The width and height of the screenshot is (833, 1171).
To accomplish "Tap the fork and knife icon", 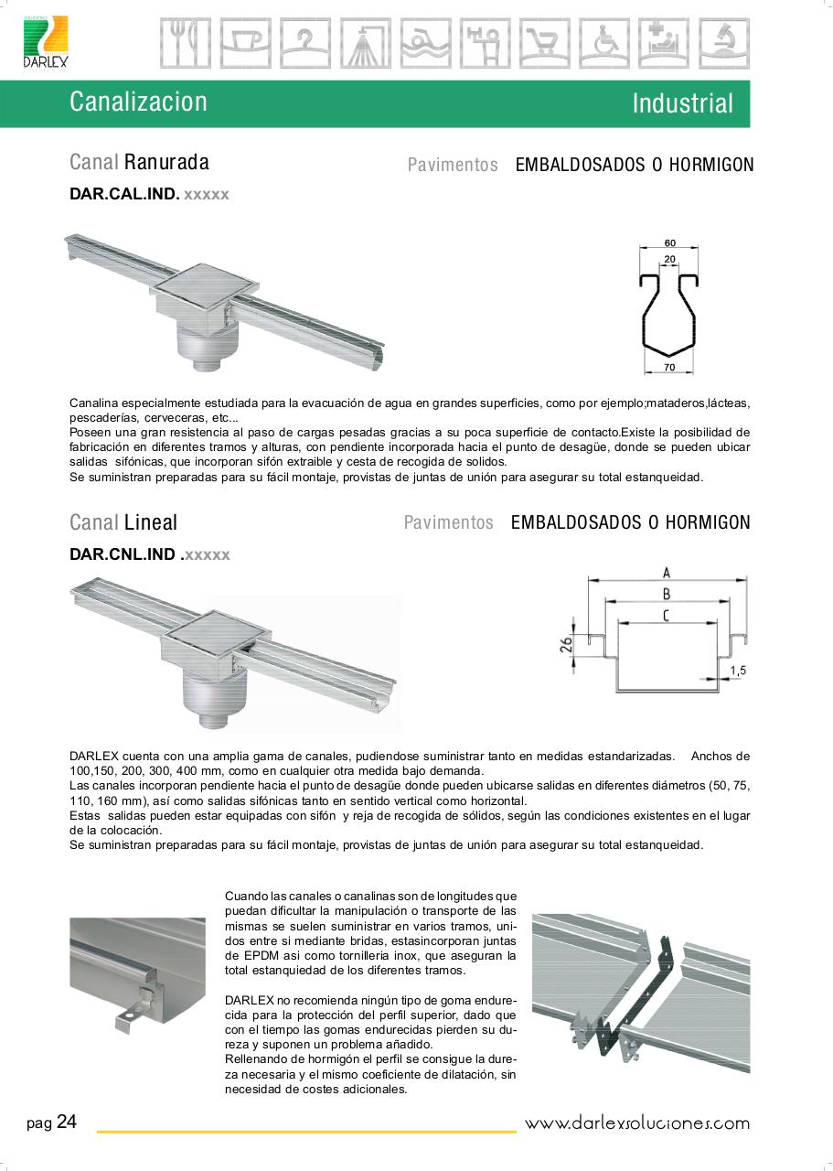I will pyautogui.click(x=185, y=43).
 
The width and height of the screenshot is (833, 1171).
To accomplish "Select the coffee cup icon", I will pyautogui.click(x=245, y=43).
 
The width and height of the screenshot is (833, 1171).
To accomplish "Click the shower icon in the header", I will pyautogui.click(x=365, y=43).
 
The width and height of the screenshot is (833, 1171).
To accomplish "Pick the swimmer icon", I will pyautogui.click(x=424, y=43).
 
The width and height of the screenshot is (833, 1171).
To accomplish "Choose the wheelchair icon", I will pyautogui.click(x=604, y=43).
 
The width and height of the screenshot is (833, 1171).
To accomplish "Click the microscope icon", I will pyautogui.click(x=723, y=43).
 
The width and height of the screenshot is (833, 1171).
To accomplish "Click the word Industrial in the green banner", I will pyautogui.click(x=682, y=103).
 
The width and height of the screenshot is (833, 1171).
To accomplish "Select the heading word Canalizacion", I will pyautogui.click(x=138, y=102).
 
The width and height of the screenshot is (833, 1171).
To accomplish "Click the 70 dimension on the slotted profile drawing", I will pyautogui.click(x=670, y=368).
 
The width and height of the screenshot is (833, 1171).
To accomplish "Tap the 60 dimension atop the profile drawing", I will pyautogui.click(x=670, y=243).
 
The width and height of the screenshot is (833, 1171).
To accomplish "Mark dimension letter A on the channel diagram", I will pyautogui.click(x=667, y=573).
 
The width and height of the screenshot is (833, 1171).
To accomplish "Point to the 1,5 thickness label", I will pyautogui.click(x=738, y=671).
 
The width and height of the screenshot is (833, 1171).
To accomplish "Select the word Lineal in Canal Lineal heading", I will pyautogui.click(x=151, y=523).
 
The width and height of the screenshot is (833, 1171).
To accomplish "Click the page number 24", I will pyautogui.click(x=67, y=1123).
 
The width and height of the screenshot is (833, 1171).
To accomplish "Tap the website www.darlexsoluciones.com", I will pyautogui.click(x=636, y=1123).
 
